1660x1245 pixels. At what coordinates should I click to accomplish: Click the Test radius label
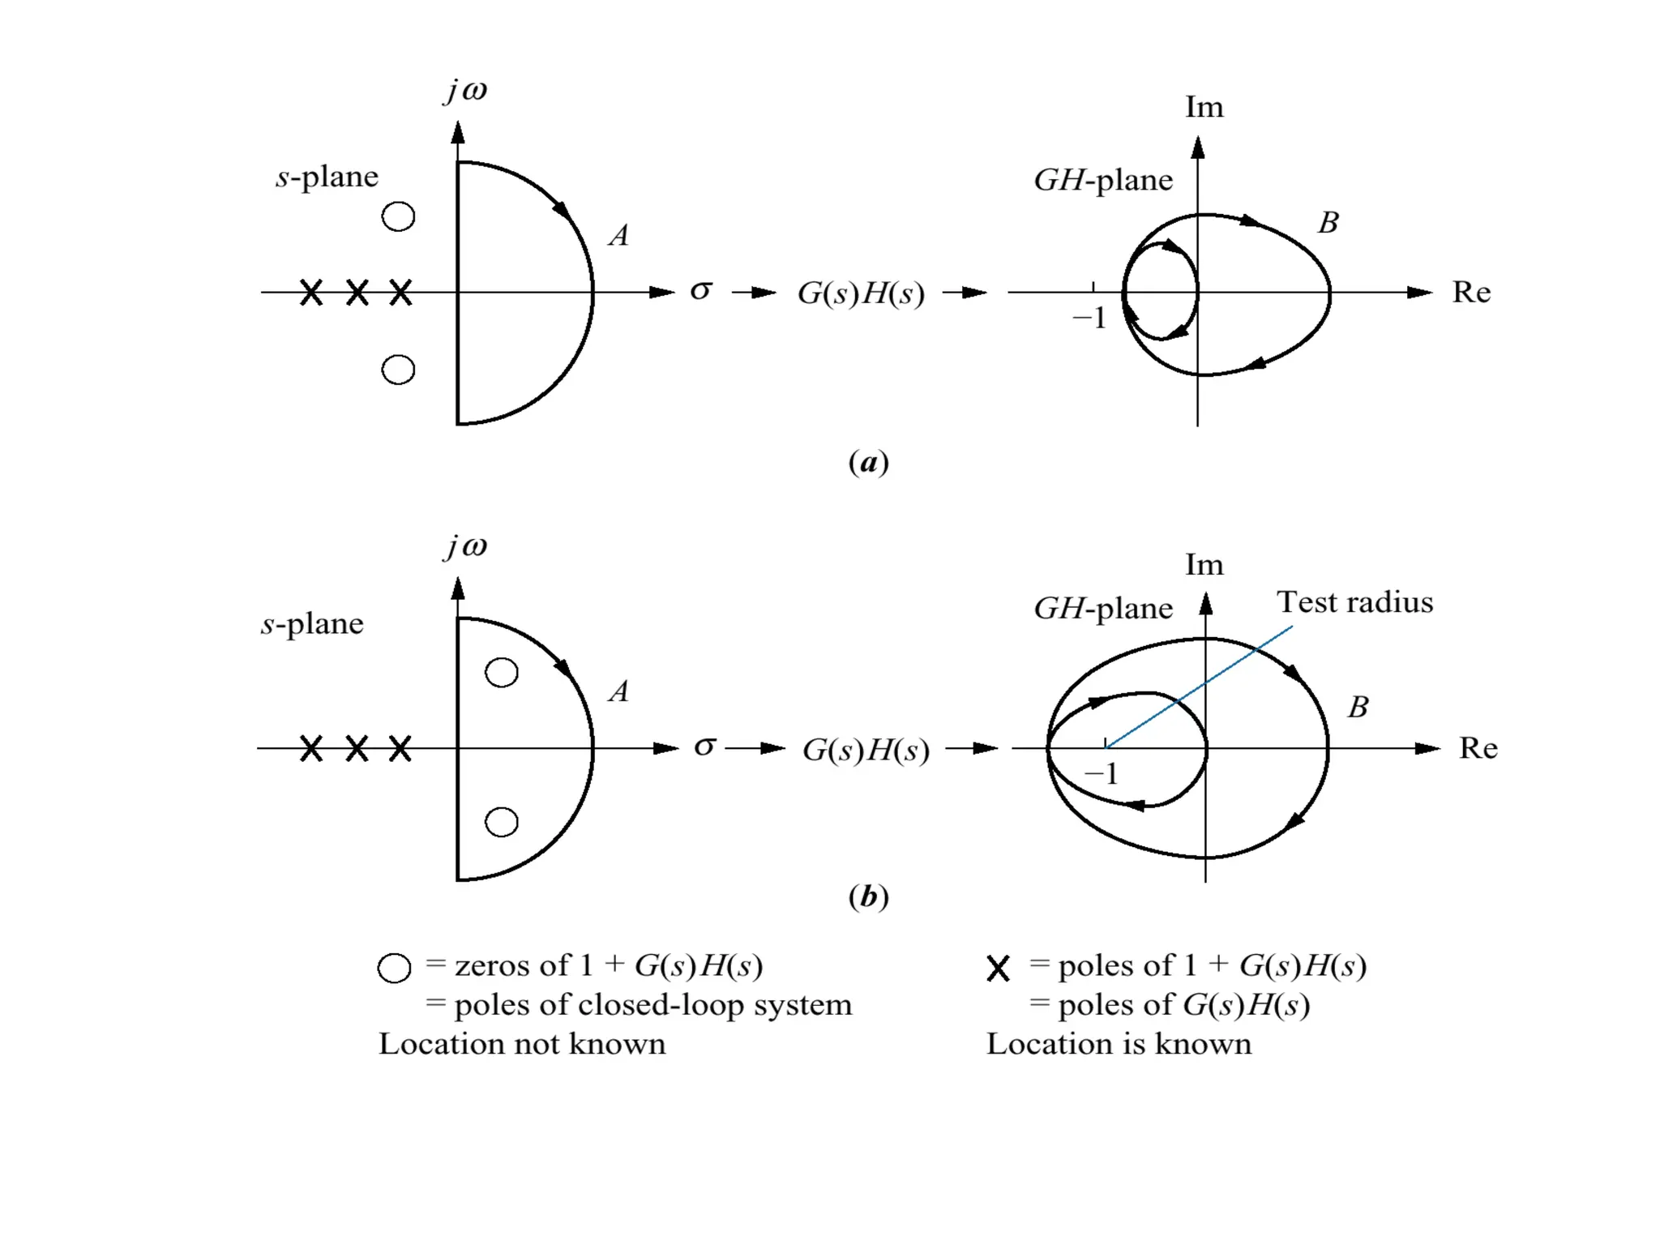(1354, 602)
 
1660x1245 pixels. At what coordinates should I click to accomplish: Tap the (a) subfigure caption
(868, 462)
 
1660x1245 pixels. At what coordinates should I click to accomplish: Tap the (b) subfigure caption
(868, 896)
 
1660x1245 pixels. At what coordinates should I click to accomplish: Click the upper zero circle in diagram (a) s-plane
(398, 216)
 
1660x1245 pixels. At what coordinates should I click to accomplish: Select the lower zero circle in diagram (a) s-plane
(398, 370)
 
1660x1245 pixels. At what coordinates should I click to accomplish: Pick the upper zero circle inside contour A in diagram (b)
(502, 673)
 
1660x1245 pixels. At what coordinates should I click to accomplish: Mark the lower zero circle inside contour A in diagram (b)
(502, 822)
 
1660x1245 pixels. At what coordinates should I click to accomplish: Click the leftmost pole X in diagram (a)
(311, 293)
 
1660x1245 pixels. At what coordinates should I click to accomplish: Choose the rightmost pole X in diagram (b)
(400, 748)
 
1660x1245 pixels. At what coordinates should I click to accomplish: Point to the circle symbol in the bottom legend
(394, 968)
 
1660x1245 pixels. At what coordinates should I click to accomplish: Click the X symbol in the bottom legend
(999, 969)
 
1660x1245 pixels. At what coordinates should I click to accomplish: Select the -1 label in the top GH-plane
(1089, 319)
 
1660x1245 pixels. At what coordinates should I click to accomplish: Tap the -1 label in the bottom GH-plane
(1102, 774)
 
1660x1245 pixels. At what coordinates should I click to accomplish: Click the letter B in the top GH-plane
(1328, 223)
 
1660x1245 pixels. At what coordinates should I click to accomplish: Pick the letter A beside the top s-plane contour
(618, 236)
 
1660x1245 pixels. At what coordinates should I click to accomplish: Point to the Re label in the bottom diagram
(1478, 748)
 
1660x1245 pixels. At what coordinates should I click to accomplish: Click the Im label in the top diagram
(1204, 108)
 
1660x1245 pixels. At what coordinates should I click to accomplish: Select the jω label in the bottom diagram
(466, 546)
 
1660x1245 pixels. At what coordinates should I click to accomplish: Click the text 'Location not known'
(522, 1044)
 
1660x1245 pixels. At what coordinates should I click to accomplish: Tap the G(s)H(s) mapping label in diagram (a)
(861, 293)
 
